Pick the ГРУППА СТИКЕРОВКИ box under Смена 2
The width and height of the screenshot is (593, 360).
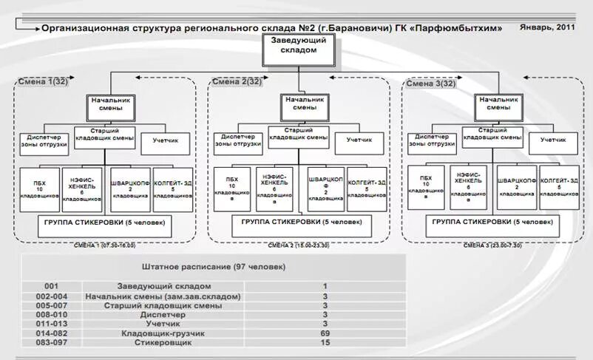pyautogui.click(x=299, y=223)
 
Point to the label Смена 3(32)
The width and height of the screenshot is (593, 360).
pyautogui.click(x=433, y=84)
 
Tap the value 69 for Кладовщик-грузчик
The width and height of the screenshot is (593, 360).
pyautogui.click(x=325, y=334)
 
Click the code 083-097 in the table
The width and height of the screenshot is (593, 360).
pyautogui.click(x=50, y=344)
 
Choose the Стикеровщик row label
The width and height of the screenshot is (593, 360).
pyautogui.click(x=164, y=344)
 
